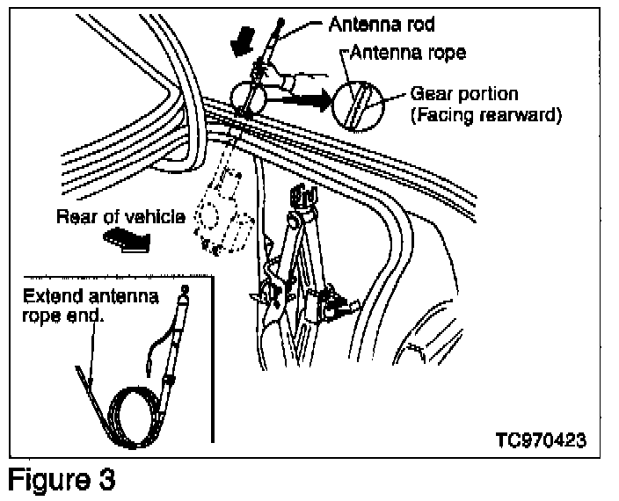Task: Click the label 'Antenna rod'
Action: [382, 25]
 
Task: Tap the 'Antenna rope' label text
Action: [407, 53]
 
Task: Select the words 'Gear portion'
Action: [464, 95]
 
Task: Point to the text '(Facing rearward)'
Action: [486, 115]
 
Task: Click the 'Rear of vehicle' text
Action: [120, 216]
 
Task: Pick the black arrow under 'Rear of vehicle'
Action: [127, 241]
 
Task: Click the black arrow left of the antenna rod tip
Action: [243, 40]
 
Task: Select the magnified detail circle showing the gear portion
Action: [357, 105]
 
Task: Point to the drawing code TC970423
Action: [541, 439]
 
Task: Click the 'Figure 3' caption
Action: [62, 479]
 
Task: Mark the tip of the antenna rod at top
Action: [281, 19]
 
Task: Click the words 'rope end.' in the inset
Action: [62, 316]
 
